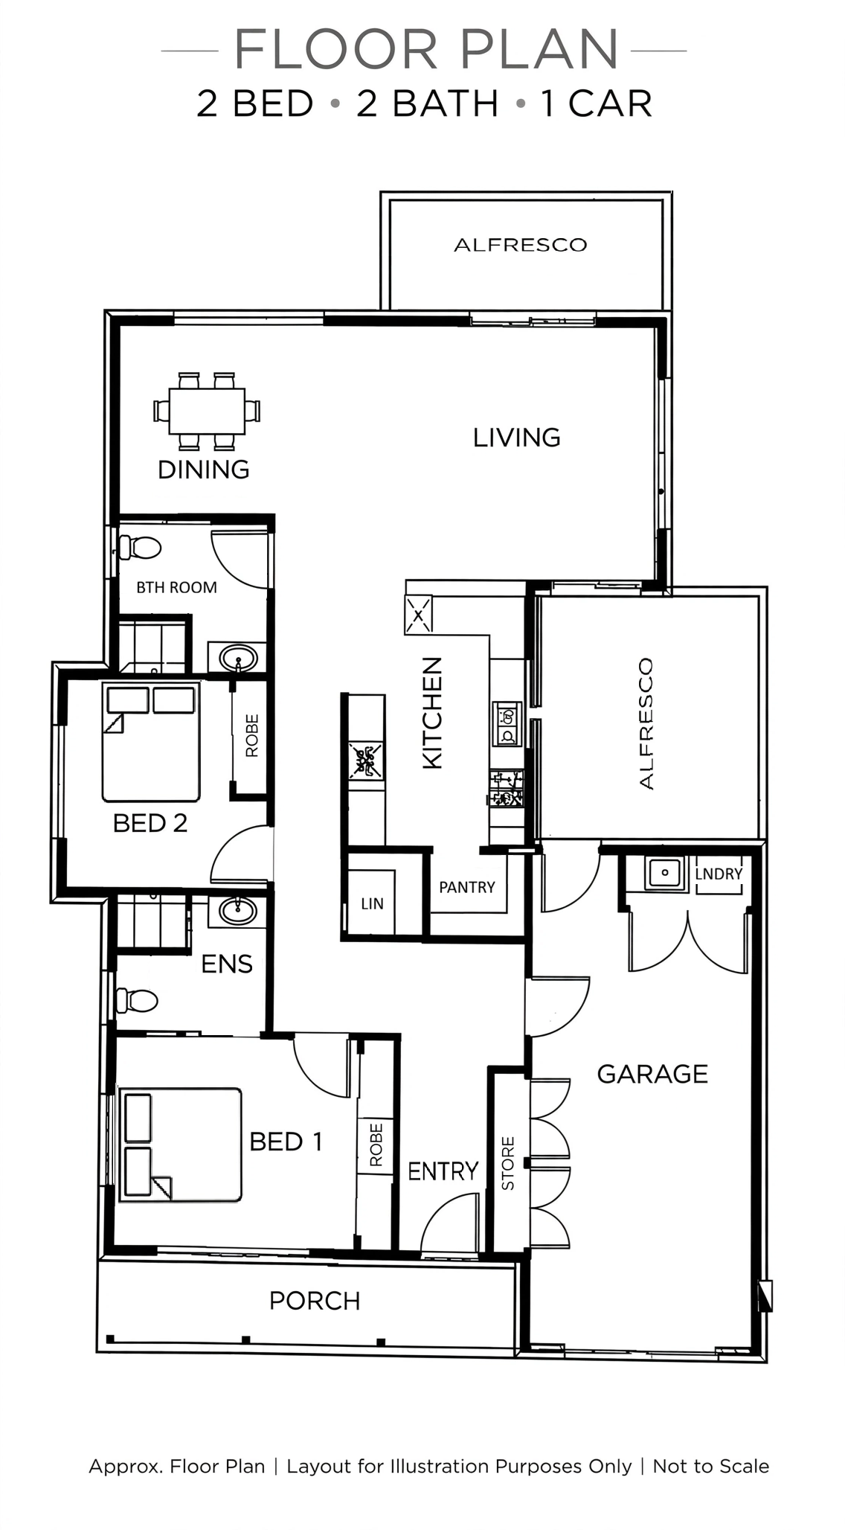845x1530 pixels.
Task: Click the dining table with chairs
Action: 207,411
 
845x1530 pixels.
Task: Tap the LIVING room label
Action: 517,438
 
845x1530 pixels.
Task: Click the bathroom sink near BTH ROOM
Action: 238,659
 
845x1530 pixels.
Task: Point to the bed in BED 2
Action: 151,742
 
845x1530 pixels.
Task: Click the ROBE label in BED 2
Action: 252,736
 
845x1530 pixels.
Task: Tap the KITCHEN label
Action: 432,713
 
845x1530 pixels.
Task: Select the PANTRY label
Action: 467,887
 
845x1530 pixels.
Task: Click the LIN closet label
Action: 372,903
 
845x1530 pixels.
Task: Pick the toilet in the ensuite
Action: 137,1001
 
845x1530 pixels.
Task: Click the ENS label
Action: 227,964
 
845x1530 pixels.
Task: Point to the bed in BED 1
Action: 181,1145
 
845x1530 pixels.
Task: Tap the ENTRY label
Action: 443,1171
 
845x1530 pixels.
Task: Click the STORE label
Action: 508,1163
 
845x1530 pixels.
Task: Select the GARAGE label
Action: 652,1074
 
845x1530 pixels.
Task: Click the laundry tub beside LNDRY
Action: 665,872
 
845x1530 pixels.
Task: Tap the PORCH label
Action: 315,1301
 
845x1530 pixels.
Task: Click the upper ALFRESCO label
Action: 521,245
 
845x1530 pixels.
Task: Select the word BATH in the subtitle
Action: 427,103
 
